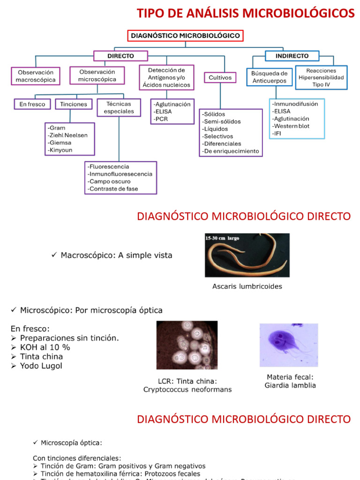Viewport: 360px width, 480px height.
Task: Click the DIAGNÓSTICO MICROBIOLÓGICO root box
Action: tap(185, 36)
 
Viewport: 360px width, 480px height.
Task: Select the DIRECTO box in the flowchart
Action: tap(120, 56)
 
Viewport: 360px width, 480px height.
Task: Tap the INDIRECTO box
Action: tap(292, 56)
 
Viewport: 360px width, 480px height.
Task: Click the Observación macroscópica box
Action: tap(36, 76)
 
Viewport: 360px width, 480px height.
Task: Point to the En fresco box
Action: tap(32, 104)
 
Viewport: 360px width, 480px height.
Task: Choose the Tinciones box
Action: tap(74, 104)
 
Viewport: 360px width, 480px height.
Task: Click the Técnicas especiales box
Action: tap(119, 107)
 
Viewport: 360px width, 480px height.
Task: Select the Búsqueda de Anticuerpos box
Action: tap(269, 77)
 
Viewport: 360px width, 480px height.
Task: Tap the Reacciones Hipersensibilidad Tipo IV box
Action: tap(321, 77)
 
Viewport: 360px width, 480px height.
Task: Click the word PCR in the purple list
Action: tap(161, 119)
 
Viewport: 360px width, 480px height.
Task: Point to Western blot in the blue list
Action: tap(291, 126)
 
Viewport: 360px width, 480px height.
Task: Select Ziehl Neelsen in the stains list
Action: tap(67, 135)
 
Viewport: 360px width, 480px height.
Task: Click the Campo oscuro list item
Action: tap(109, 181)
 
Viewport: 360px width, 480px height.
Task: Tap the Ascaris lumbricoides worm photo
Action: tap(247, 255)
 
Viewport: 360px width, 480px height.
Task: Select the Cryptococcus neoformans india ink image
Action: tap(187, 345)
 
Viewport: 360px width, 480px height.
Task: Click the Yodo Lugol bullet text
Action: tap(41, 366)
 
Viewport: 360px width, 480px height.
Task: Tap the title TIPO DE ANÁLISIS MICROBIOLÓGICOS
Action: tap(246, 14)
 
